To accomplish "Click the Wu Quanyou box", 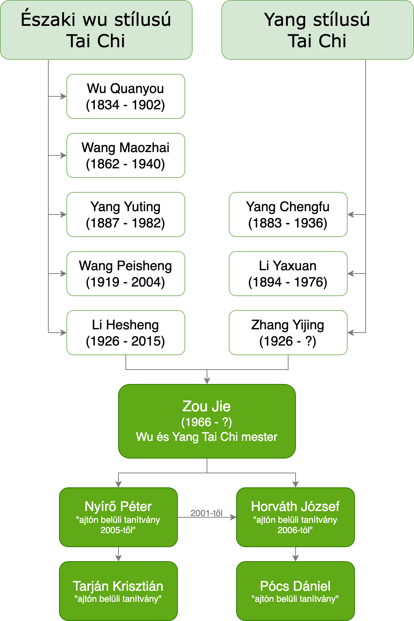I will tap(125, 96).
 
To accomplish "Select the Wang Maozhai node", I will tap(125, 155).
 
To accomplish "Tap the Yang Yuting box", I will tap(125, 215).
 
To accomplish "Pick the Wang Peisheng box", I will tap(125, 274).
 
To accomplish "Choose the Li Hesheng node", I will tap(125, 333).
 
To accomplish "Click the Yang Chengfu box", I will tap(288, 215).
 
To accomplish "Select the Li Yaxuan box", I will tap(288, 274).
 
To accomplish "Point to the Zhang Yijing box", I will tap(288, 333).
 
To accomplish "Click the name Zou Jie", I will tap(207, 406).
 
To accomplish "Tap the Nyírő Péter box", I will tap(118, 517).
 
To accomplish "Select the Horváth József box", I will tap(295, 517).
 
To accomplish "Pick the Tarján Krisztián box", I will tap(118, 591).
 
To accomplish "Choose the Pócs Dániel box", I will tap(295, 591).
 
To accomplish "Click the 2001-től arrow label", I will tap(206, 513).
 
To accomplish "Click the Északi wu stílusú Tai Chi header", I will tap(96, 30).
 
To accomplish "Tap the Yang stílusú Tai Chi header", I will tap(317, 30).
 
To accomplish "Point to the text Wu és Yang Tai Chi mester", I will tap(207, 437).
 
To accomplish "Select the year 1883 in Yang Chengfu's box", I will tap(265, 223).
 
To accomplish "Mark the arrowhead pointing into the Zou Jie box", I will tap(207, 381).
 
